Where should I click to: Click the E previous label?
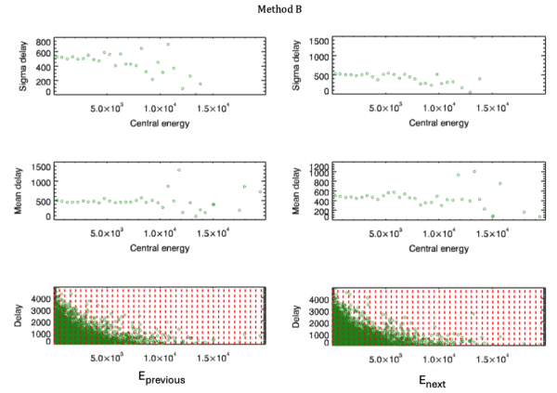[159, 377]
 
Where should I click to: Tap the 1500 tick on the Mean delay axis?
[40, 166]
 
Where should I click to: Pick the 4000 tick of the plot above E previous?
[40, 300]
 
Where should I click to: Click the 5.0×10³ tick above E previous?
[110, 357]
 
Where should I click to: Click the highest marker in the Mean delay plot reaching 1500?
[178, 170]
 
